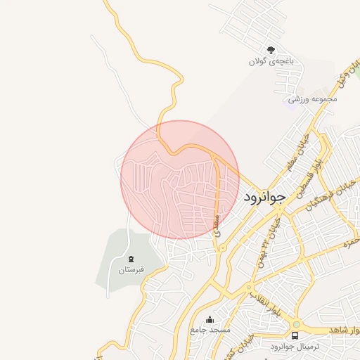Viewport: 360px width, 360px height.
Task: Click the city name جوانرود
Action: [x=265, y=198]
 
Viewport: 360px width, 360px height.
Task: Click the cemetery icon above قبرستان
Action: [x=130, y=258]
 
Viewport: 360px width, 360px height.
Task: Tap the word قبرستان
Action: [x=130, y=269]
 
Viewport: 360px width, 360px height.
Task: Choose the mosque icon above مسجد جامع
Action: [x=209, y=319]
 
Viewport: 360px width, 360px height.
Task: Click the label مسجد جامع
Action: [x=209, y=330]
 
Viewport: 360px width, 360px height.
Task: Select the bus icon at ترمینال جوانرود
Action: [x=295, y=335]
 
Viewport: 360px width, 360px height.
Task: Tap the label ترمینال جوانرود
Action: [x=294, y=347]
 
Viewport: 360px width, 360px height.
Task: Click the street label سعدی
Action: [x=217, y=223]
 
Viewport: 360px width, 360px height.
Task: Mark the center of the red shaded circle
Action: [x=180, y=179]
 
